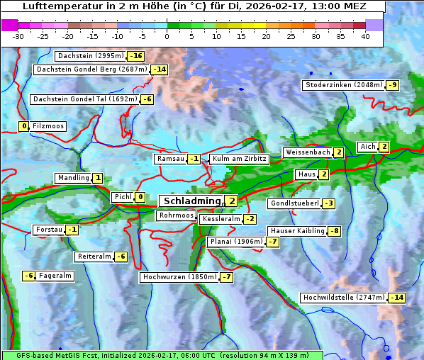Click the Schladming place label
point(192,202)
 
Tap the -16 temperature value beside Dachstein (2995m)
point(136,56)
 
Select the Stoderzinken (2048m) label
point(343,85)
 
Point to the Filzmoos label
point(48,126)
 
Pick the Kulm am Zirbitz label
point(240,159)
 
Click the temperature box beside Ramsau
point(194,159)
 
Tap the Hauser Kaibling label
point(296,231)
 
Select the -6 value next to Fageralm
point(29,276)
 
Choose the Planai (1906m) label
point(236,242)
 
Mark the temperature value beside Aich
point(384,147)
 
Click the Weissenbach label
point(307,152)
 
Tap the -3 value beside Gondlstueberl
point(328,203)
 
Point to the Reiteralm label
point(94,257)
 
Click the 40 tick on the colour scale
point(365,36)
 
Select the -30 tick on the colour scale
point(18,36)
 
